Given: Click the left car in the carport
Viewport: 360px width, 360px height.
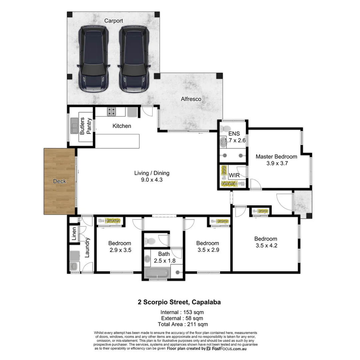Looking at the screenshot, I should pos(94,59).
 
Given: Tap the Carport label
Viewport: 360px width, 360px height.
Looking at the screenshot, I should pos(114,21).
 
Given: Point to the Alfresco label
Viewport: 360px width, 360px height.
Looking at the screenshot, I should pos(191,99).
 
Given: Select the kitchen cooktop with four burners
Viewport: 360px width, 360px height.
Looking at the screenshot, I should pos(111,112).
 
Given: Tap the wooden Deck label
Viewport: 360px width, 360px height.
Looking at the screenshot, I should pos(60,181).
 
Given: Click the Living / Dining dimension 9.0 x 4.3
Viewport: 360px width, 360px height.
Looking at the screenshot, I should pos(152,180).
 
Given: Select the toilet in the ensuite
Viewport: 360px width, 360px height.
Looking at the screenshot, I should pos(226,128).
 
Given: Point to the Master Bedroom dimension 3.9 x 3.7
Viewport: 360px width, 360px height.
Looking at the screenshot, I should pos(277,163).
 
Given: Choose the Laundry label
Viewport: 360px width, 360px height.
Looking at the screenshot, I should pos(87,248).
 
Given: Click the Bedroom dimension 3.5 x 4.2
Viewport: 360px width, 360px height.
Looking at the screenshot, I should pos(266,246).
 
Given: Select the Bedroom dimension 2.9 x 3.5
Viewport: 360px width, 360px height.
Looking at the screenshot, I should pos(119,250).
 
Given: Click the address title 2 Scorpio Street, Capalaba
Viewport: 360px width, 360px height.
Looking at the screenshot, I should pos(179,302).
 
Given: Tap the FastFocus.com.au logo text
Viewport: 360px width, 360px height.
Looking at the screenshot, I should pos(229,348).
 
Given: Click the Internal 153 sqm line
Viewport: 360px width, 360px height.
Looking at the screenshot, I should pos(182,312).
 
